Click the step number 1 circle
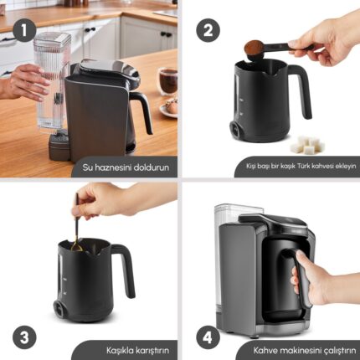(24, 30)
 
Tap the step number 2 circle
(208, 30)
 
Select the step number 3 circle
(24, 337)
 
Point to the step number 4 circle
(208, 337)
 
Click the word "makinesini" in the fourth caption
(300, 350)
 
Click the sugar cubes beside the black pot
(307, 145)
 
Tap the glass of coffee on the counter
(168, 80)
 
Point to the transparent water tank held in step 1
(52, 82)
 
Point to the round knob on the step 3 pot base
(59, 309)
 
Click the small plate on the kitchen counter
(169, 107)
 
